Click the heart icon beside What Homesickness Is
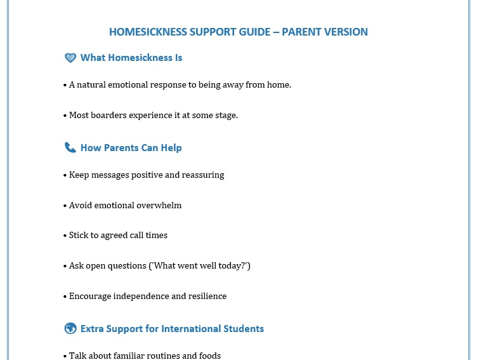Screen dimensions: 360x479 (x=70, y=58)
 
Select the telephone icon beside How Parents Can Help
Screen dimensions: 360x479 (x=70, y=148)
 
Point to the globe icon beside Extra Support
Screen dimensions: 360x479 (x=70, y=328)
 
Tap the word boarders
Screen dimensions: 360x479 (x=110, y=115)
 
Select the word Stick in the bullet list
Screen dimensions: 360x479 (x=79, y=235)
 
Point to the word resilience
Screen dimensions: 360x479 (x=206, y=296)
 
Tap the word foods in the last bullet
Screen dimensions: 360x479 (x=210, y=356)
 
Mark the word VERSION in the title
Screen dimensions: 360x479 (x=346, y=32)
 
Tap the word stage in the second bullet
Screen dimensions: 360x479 (x=225, y=115)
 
